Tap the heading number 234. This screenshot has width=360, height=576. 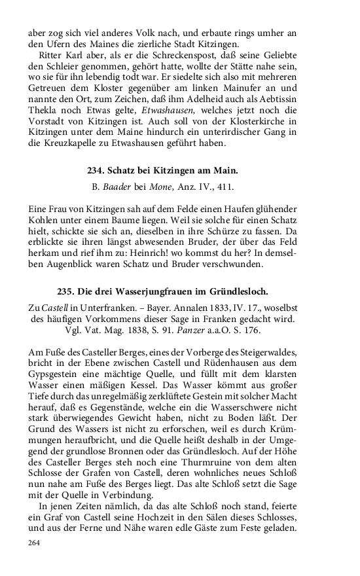[96, 170]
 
